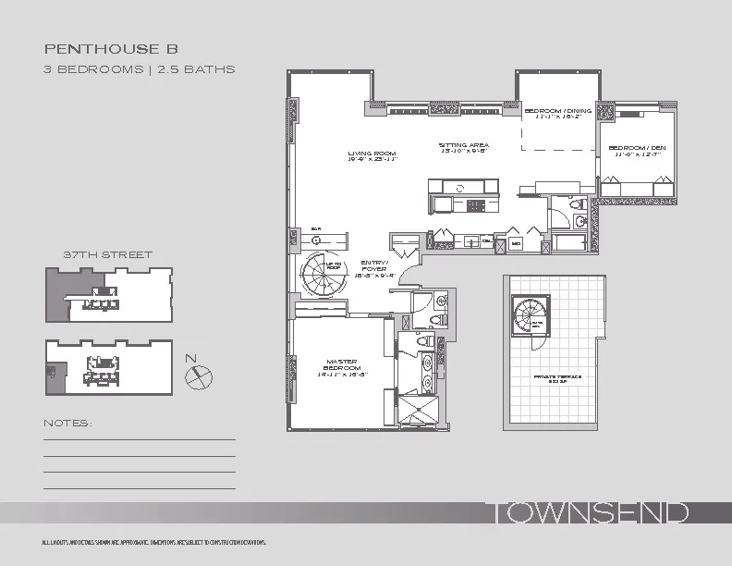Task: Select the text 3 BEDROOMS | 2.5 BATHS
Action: pyautogui.click(x=140, y=68)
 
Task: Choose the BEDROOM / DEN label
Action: pyautogui.click(x=636, y=151)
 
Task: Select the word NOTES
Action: pyautogui.click(x=68, y=424)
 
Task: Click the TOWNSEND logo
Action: pyautogui.click(x=587, y=513)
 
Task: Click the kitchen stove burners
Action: pyautogui.click(x=476, y=205)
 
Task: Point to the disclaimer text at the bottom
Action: pyautogui.click(x=148, y=542)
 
